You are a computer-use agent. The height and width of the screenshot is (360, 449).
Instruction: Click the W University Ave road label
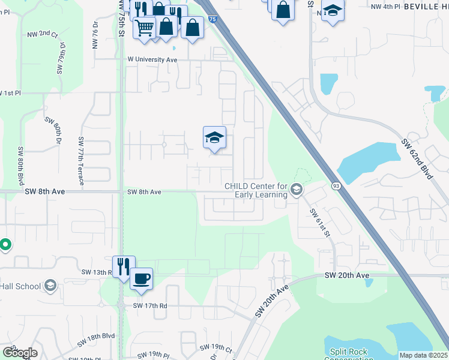152,59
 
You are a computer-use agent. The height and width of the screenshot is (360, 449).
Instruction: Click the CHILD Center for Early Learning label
256,190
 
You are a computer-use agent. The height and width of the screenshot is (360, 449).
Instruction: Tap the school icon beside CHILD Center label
296,190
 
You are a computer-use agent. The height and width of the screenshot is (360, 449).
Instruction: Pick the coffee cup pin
141,278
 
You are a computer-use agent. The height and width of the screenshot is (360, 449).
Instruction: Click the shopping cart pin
144,27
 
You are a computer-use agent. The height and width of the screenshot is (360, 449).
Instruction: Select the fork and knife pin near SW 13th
124,266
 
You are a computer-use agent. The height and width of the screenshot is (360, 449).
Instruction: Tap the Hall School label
20,286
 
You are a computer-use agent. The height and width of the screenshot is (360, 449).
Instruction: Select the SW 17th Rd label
149,305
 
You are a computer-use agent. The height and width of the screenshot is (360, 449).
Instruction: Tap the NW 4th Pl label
385,6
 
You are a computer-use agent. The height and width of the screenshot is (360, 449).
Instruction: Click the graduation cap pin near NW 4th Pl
333,11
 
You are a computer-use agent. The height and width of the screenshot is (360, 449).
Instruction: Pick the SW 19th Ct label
216,347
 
